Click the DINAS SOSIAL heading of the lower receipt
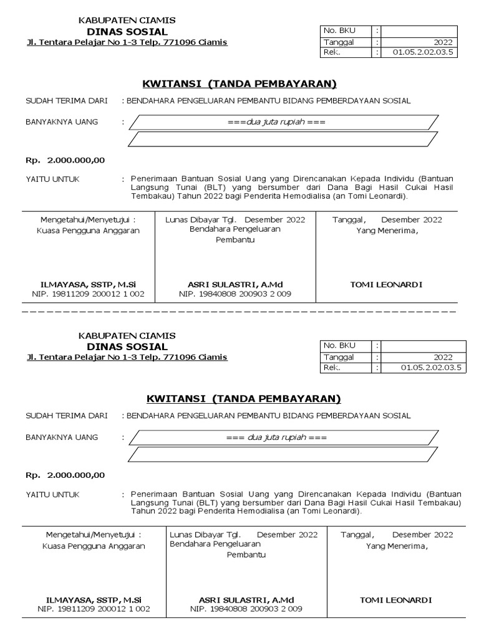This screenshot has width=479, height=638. coord(127,346)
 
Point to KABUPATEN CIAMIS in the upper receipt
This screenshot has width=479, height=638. coord(127,21)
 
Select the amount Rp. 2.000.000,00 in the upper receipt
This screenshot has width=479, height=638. coord(65,160)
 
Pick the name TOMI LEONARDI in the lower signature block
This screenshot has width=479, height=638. coord(395,600)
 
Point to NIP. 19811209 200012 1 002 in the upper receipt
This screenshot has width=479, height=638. coord(88,293)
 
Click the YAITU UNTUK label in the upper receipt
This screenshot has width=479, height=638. coord(52,179)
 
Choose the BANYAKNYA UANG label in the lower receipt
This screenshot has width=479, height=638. coord(62,437)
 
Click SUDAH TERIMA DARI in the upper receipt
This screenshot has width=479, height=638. coord(66,101)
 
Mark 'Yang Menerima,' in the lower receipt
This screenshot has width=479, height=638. coord(397,546)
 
